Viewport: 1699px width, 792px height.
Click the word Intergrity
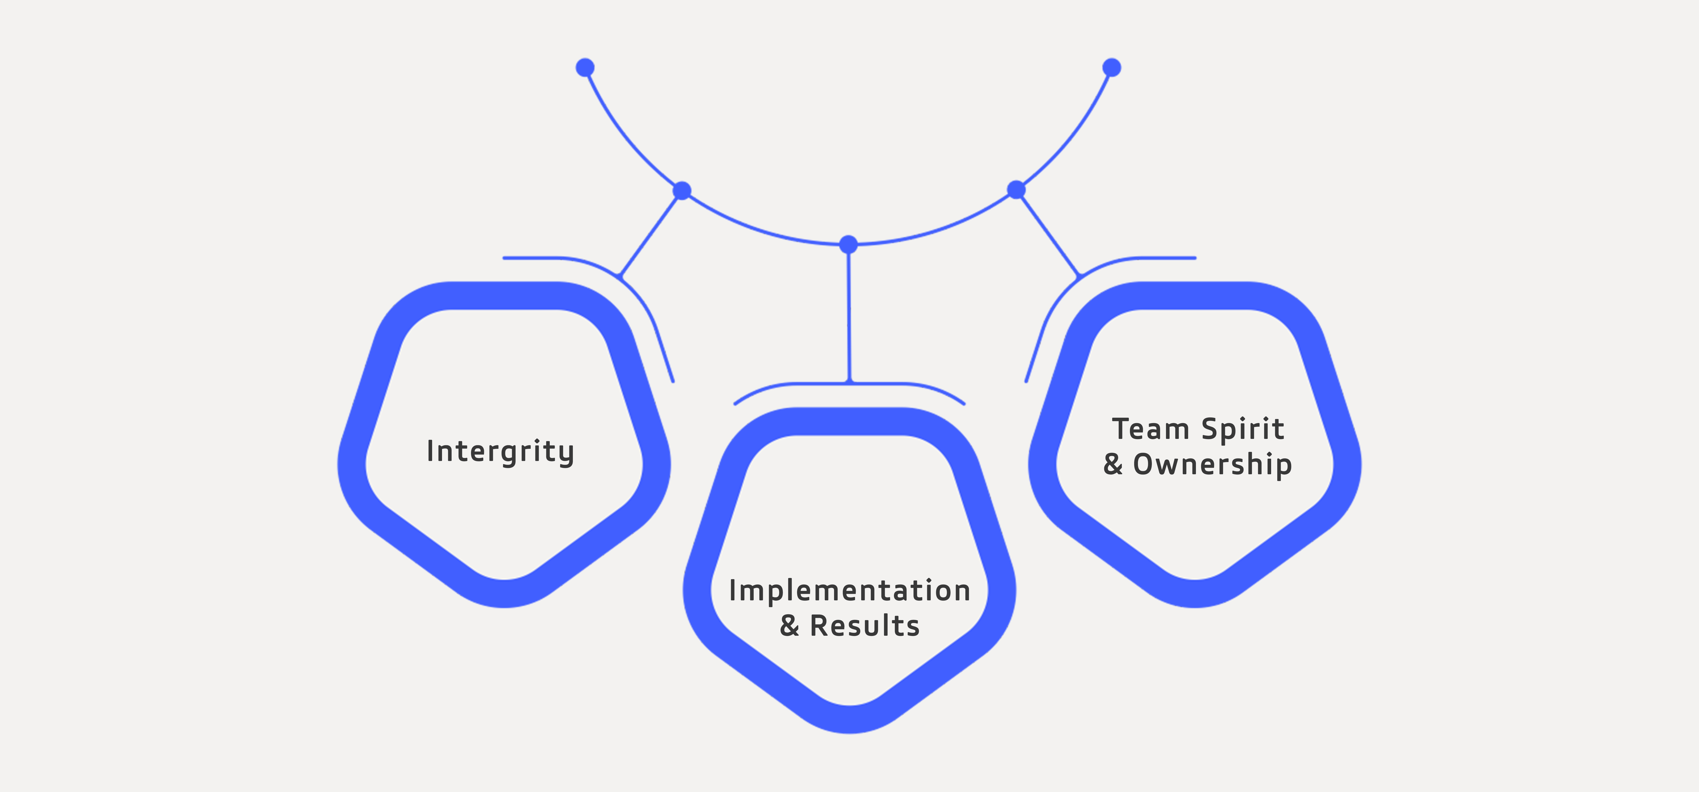pyautogui.click(x=500, y=452)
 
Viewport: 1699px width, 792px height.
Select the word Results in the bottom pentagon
pyautogui.click(x=865, y=626)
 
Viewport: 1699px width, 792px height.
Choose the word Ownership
pyautogui.click(x=1212, y=464)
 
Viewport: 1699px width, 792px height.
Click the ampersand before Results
pyautogui.click(x=789, y=626)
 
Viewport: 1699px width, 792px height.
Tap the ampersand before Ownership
pyautogui.click(x=1113, y=464)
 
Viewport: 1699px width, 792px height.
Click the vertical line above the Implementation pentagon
pyautogui.click(x=849, y=317)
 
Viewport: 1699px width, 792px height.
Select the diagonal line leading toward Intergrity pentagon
pyautogui.click(x=650, y=234)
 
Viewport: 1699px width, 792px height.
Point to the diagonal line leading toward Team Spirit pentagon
pyautogui.click(x=1049, y=234)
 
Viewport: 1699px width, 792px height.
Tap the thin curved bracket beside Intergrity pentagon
pyautogui.click(x=633, y=290)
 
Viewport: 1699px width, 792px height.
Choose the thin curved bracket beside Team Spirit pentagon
pyautogui.click(x=1065, y=290)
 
